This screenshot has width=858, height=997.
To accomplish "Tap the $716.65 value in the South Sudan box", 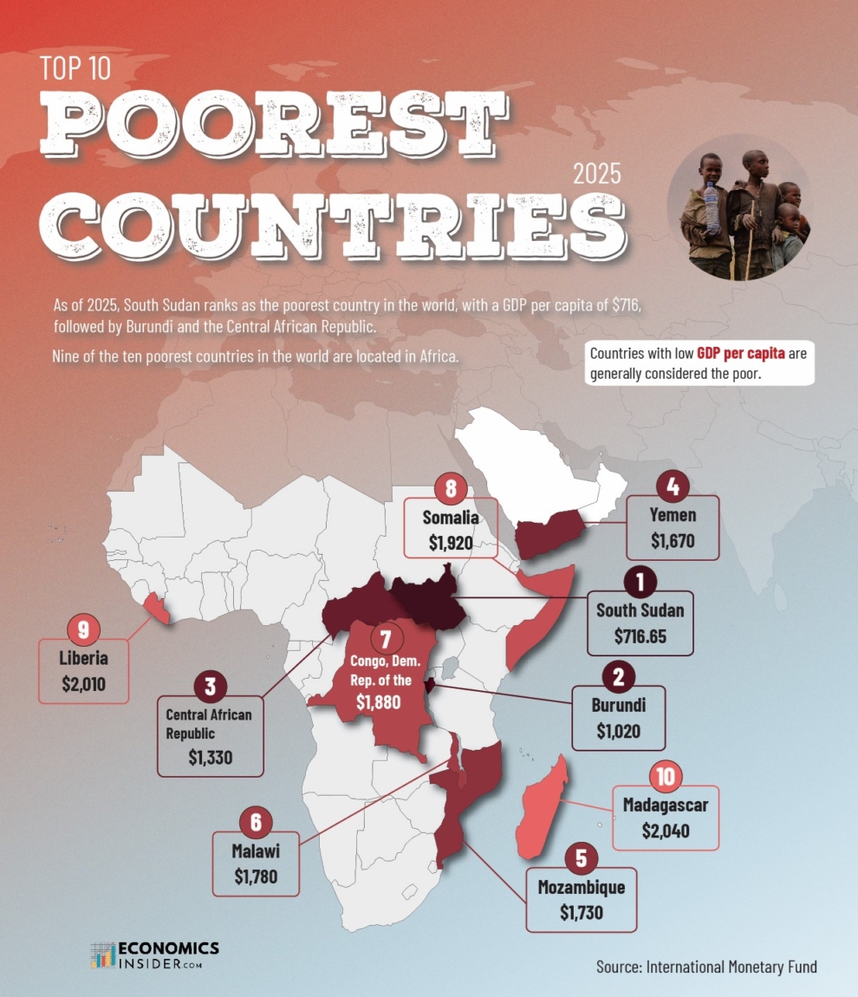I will tap(640, 637).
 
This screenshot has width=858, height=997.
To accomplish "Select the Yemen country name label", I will tap(673, 516).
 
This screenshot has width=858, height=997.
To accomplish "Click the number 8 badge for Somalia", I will tap(451, 489).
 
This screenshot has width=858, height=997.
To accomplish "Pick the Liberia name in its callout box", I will tap(83, 658).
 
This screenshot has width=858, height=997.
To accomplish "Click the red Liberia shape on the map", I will tap(159, 609).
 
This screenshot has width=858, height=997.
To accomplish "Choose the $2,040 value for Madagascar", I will tap(665, 831).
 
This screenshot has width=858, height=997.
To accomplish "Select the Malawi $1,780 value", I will tap(256, 876).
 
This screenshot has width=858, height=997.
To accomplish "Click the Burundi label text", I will tap(618, 705).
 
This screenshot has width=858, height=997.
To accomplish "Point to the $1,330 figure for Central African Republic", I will tap(210, 757).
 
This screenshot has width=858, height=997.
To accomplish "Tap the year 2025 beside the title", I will tap(597, 174).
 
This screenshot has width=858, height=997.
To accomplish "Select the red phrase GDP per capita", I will tap(740, 355).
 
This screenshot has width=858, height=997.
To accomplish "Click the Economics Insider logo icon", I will tap(103, 955).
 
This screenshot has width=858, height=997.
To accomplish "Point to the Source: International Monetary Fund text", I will tap(705, 966).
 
